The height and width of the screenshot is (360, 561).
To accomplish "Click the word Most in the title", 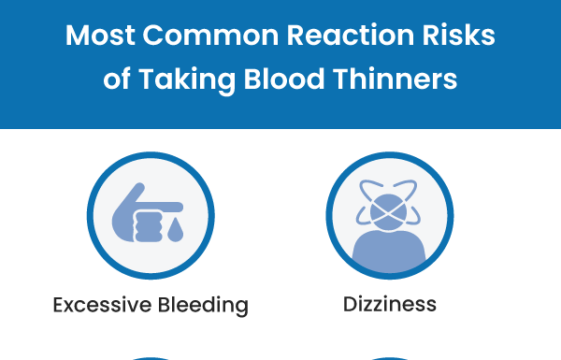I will [x=98, y=37].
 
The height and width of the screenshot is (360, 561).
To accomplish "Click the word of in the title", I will [x=117, y=79].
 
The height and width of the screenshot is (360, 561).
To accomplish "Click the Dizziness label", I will [x=389, y=305].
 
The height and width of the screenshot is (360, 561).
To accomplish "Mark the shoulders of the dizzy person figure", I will [x=390, y=251].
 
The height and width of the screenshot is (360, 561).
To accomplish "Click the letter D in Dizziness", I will [x=349, y=305].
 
